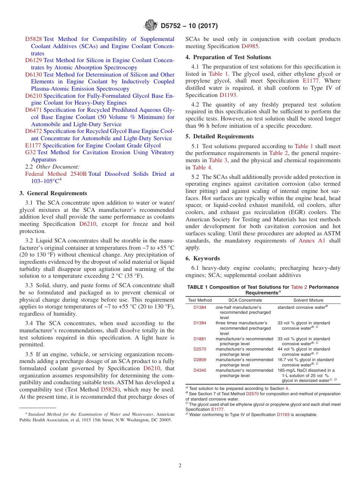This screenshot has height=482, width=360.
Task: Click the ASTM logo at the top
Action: (150, 26)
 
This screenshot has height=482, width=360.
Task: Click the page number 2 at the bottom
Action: (180, 465)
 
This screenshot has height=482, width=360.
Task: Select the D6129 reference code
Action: (34, 60)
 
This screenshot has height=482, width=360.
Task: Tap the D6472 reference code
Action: (34, 131)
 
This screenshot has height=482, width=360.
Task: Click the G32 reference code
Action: (30, 152)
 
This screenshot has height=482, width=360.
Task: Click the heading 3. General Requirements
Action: (53, 193)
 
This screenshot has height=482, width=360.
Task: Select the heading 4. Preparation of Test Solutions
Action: (228, 57)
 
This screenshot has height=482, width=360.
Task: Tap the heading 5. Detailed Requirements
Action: (219, 136)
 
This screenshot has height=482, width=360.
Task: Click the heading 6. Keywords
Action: (202, 258)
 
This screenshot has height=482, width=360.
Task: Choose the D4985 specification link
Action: (250, 46)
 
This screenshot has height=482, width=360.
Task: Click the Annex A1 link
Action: (312, 241)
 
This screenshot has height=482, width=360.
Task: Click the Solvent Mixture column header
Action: (308, 300)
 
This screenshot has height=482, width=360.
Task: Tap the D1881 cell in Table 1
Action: (200, 339)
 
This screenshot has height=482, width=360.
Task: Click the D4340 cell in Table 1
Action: (200, 370)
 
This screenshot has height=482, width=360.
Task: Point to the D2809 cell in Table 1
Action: (200, 360)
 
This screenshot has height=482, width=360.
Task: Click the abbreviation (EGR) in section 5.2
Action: (288, 212)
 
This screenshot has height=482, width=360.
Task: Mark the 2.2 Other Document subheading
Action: (52, 167)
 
